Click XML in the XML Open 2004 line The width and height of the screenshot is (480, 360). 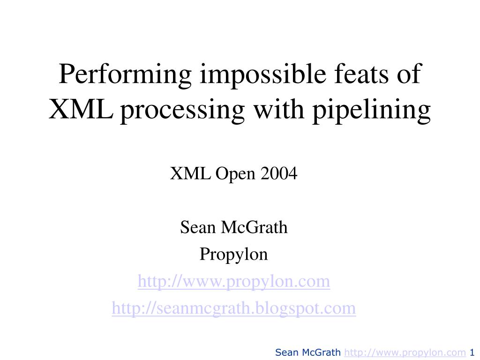pos(190,173)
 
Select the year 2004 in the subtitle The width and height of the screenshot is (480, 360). pos(278,173)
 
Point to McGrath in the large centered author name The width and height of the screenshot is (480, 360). pos(254,227)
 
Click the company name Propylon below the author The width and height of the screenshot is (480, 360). pos(233,255)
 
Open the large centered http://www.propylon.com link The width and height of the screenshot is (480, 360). pos(234,282)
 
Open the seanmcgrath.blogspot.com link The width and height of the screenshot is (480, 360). pos(234,308)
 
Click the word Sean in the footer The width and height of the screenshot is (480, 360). pos(287,352)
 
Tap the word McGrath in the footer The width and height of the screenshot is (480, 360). pos(321,352)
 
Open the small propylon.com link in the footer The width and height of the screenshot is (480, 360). pos(405,353)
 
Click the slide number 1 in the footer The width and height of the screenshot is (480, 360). pos(472,352)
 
